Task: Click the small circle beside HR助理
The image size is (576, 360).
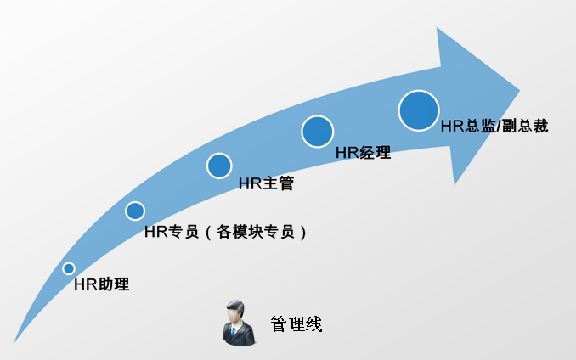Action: click(69, 269)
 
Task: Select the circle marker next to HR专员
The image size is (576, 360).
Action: click(135, 211)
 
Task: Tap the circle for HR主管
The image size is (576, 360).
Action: click(219, 166)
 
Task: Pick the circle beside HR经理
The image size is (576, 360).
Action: click(317, 132)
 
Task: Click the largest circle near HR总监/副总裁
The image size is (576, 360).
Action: click(419, 110)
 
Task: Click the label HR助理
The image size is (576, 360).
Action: click(101, 284)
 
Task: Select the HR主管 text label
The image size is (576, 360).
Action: click(259, 182)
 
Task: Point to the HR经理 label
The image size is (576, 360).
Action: click(363, 153)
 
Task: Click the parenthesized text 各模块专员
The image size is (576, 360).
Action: click(256, 231)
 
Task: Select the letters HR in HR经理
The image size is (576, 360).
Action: click(345, 153)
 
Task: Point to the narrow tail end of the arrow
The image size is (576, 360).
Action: click(15, 340)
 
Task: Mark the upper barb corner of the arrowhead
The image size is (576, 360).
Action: click(438, 29)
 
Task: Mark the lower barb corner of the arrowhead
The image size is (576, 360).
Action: click(455, 183)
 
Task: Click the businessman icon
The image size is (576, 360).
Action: click(238, 323)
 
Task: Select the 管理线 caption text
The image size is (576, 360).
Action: click(296, 323)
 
